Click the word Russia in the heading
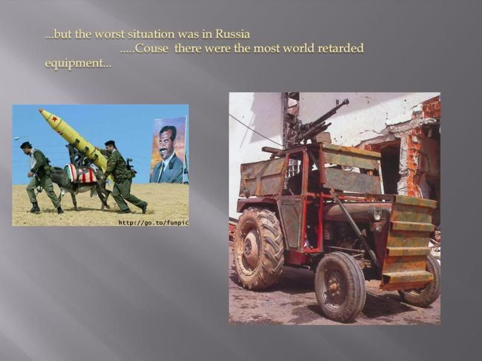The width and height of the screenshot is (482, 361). coord(233,34)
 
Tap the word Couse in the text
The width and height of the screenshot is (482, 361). coord(151,49)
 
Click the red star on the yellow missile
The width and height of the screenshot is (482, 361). coord(55,119)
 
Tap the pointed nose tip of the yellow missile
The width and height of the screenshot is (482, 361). coord(40,110)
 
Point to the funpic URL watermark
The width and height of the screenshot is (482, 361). coord(154,223)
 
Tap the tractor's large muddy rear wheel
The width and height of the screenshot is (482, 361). coord(258,248)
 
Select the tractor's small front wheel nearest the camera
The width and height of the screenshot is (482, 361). coord(340,286)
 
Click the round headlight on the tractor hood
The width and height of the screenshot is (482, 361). coord(377,214)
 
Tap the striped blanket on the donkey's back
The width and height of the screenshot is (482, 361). coord(81,173)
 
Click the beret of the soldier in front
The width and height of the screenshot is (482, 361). coord(26,144)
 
